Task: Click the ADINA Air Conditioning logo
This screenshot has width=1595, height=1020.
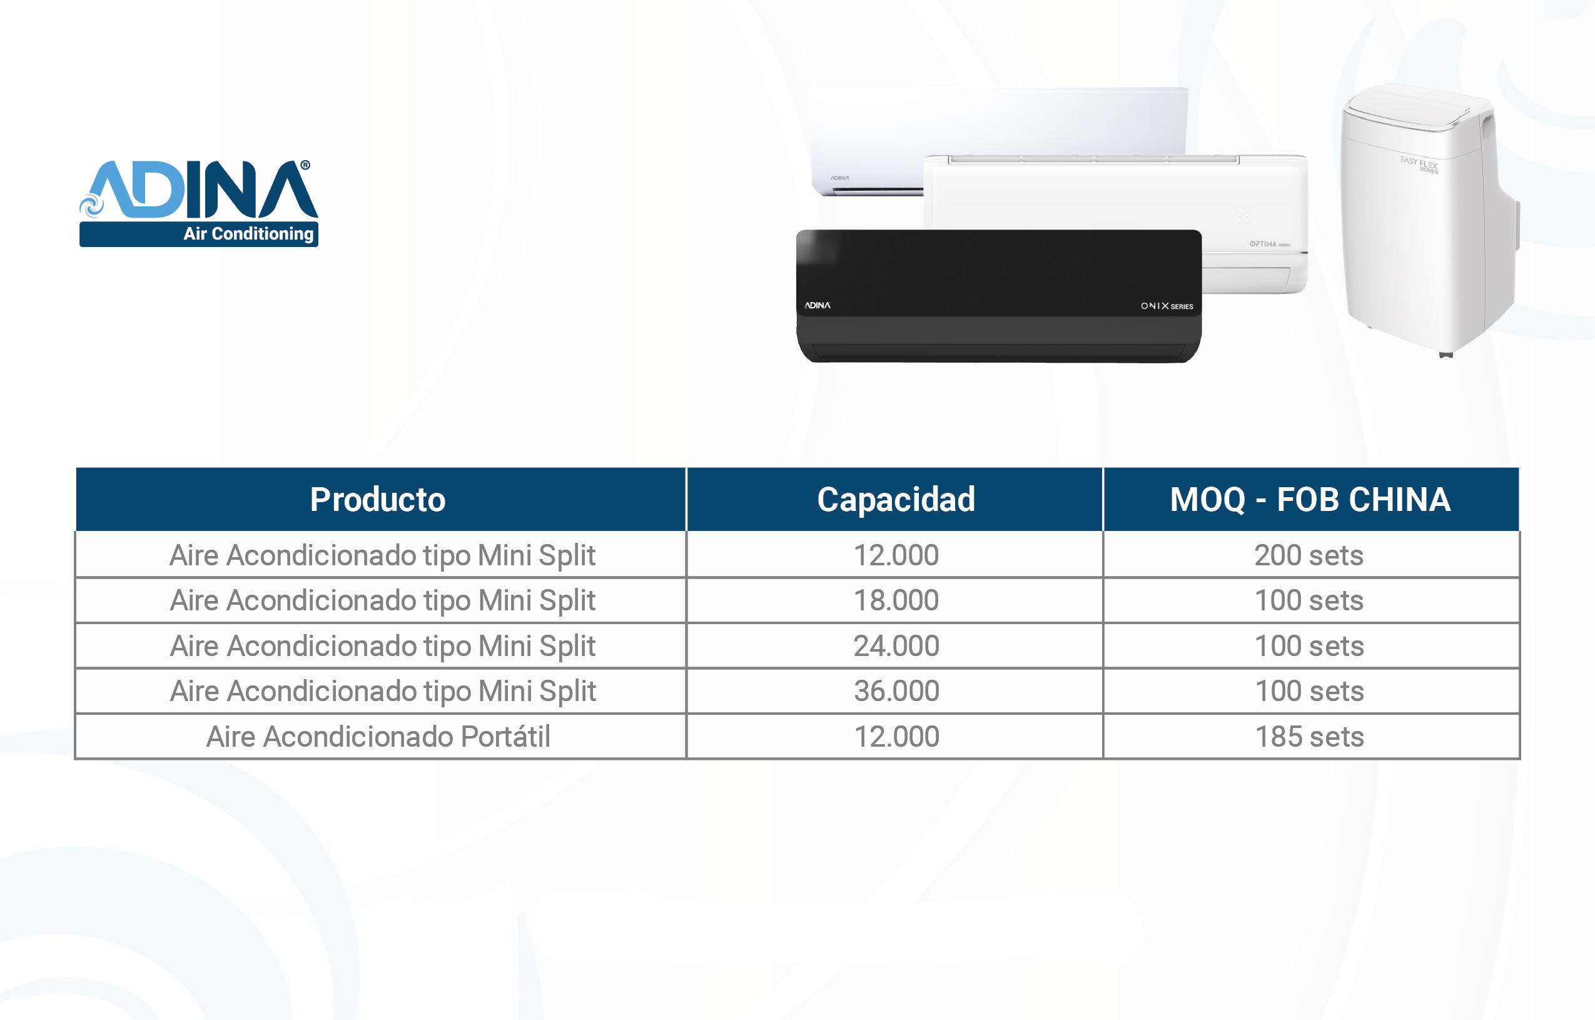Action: click(x=199, y=203)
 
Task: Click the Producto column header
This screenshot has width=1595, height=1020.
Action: click(x=378, y=500)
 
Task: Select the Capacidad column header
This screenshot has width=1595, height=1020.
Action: click(x=896, y=500)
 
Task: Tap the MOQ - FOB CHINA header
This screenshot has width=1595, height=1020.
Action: click(x=1310, y=500)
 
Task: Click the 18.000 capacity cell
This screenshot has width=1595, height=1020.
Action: click(x=896, y=600)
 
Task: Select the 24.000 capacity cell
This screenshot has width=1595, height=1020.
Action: click(x=896, y=646)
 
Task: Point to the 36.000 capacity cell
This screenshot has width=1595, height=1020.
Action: click(x=896, y=691)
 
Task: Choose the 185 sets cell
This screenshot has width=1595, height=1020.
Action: click(x=1310, y=737)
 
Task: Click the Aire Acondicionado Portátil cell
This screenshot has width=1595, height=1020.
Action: click(x=378, y=737)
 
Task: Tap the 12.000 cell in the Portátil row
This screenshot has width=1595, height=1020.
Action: click(x=896, y=737)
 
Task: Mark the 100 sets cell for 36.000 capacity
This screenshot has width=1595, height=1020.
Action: click(x=1310, y=691)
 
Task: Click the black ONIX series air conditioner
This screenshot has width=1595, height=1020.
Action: click(x=999, y=296)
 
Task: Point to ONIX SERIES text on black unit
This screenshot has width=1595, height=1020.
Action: click(x=1167, y=306)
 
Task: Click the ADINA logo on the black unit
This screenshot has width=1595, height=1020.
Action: click(x=818, y=305)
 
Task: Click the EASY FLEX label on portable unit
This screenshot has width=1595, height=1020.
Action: click(x=1419, y=164)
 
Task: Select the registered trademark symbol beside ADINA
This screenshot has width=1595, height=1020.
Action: click(x=305, y=165)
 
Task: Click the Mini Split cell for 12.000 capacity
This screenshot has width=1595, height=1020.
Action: click(x=382, y=555)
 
